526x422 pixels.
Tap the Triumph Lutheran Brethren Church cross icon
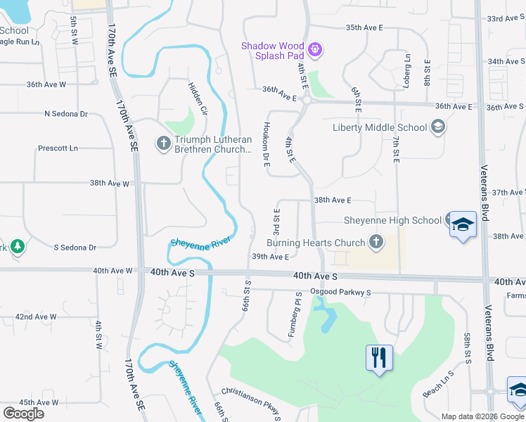click(164, 143)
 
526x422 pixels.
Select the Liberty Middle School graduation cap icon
click(438, 127)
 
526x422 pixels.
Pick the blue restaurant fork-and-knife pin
click(379, 357)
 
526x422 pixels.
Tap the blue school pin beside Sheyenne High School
click(463, 225)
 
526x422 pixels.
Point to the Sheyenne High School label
click(392, 220)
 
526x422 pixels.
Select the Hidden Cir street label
click(198, 98)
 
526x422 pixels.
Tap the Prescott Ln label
click(58, 148)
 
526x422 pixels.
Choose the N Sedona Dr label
click(65, 113)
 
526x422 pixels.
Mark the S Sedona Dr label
click(75, 248)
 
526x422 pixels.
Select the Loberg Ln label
click(407, 66)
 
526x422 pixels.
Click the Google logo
click(24, 413)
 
